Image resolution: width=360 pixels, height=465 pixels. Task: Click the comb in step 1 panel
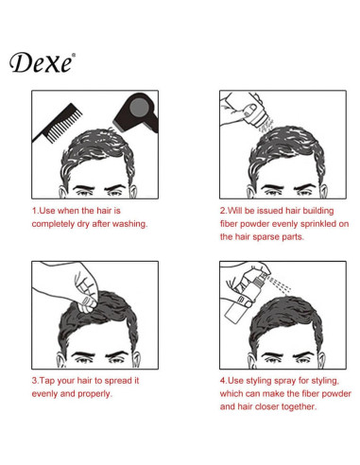[x=58, y=120]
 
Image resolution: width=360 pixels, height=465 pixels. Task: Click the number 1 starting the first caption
[x=34, y=210]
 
